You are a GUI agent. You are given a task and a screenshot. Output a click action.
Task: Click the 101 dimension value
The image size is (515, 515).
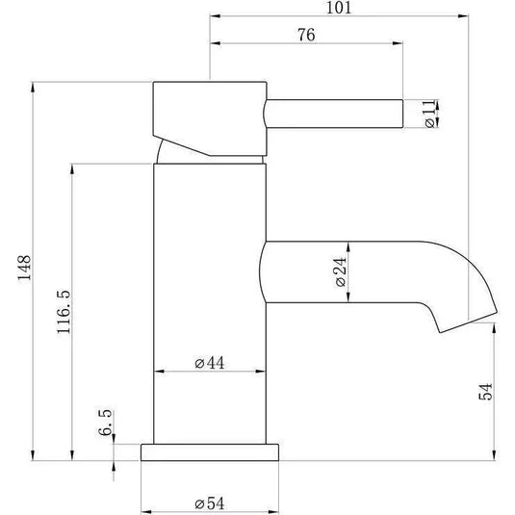tap(339, 8)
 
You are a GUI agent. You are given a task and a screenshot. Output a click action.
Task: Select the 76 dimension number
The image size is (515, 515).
tap(306, 35)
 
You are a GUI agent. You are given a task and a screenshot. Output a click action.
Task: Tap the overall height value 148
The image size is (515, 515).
tap(24, 268)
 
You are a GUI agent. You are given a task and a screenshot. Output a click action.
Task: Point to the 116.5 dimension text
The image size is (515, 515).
tap(64, 312)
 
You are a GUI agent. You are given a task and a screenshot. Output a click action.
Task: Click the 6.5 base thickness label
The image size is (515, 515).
tap(106, 423)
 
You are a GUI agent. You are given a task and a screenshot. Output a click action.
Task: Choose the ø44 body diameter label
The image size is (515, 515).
tap(210, 363)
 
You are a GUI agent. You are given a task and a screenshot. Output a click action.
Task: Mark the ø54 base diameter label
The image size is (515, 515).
tap(210, 503)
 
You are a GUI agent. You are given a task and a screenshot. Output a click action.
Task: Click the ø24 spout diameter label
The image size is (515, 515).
tap(341, 272)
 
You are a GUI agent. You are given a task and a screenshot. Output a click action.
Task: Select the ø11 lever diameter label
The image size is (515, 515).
tap(429, 114)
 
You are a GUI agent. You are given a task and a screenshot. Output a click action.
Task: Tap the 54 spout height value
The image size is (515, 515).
tap(486, 392)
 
